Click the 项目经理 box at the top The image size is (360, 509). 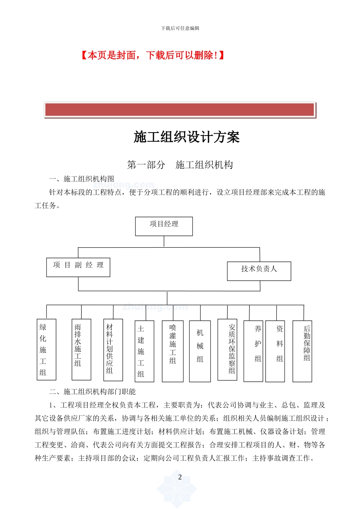pos(164,226)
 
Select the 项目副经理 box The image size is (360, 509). pos(78,267)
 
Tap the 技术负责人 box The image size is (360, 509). pos(259,271)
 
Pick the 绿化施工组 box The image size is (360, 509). pos(46,349)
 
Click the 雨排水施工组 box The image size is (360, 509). pos(81,349)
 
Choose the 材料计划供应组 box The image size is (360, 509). pos(113,350)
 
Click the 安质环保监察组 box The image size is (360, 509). pos(227,349)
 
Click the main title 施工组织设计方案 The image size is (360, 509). pos(186,137)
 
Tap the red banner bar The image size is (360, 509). pos(180,110)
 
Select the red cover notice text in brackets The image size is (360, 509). pos(153,56)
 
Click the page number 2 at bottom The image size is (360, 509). pos(180,477)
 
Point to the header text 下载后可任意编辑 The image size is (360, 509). pos(180,28)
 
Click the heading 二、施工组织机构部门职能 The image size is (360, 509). pos(92,392)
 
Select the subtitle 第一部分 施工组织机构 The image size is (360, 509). pos(180,165)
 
